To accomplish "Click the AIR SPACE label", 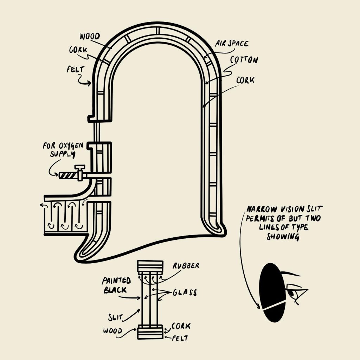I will (x=232, y=44).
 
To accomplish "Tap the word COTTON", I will (x=244, y=60).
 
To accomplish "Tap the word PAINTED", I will (x=117, y=281).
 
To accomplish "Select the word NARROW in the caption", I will (x=260, y=208).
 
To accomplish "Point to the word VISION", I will (x=289, y=208).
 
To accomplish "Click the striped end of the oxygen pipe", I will (x=69, y=175).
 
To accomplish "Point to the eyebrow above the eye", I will (x=291, y=274).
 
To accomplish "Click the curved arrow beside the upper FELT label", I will (x=84, y=82).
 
